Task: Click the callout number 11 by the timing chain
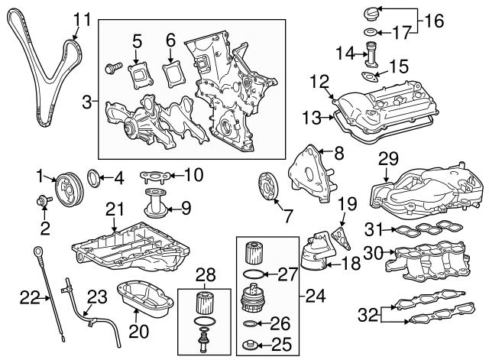click(82, 18)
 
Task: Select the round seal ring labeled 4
click(95, 180)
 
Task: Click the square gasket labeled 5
click(139, 72)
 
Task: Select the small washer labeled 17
click(368, 32)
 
